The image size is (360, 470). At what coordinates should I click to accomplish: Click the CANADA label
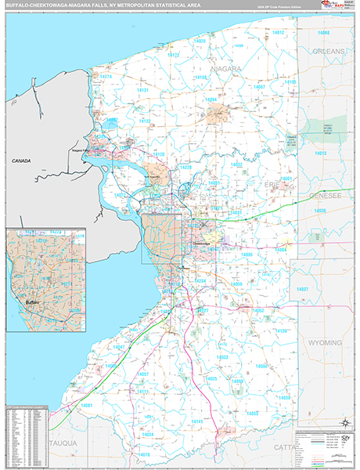click(x=21, y=161)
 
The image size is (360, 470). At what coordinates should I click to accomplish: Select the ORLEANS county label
click(x=329, y=51)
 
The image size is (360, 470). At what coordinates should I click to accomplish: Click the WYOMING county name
click(x=326, y=342)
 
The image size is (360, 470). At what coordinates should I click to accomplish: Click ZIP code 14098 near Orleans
click(x=323, y=33)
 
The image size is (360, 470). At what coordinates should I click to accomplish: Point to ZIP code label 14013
click(x=321, y=154)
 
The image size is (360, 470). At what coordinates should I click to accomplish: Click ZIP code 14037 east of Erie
click(x=303, y=290)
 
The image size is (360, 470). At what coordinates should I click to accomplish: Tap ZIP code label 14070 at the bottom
click(x=143, y=454)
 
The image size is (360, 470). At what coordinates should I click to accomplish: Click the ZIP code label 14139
click(x=282, y=331)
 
